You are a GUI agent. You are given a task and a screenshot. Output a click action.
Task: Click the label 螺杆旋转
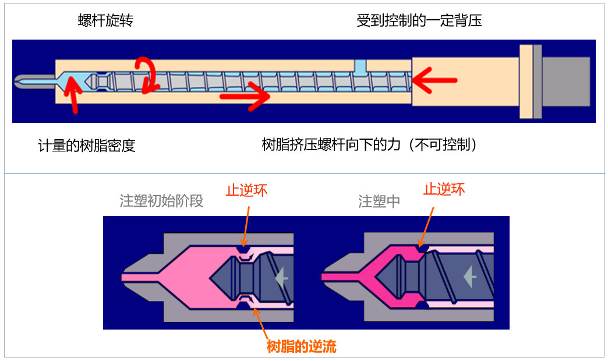click(105, 21)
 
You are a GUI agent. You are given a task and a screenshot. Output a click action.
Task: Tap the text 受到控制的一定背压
click(419, 21)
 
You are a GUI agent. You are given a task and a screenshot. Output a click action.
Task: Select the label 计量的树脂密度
click(87, 146)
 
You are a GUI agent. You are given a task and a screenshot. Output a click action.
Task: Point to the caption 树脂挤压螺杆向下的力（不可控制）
click(370, 144)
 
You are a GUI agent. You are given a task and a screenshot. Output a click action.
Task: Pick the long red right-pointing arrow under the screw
click(245, 95)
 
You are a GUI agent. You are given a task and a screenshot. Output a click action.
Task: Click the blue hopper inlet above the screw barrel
click(361, 67)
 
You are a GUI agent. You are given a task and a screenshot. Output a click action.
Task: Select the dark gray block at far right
click(567, 81)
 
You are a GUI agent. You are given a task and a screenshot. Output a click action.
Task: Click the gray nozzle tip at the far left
click(26, 81)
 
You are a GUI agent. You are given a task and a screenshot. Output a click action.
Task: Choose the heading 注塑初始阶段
click(161, 201)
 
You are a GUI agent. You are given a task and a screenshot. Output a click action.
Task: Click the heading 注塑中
click(379, 201)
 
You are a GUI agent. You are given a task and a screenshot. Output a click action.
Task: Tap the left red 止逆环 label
click(246, 190)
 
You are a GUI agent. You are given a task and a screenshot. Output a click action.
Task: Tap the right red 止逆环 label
click(444, 189)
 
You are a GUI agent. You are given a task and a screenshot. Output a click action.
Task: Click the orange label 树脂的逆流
click(302, 348)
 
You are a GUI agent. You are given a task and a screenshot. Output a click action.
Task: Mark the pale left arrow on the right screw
click(469, 277)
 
